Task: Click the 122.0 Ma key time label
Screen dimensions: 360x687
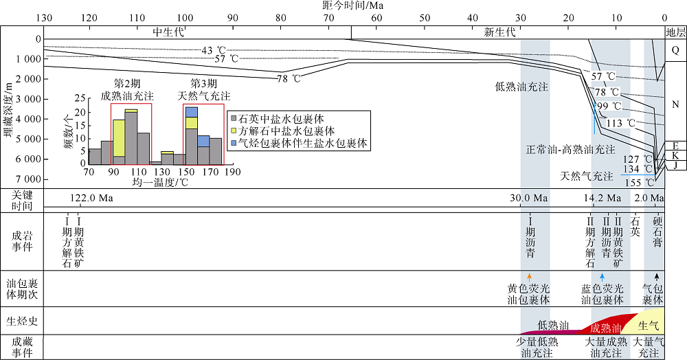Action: pyautogui.click(x=91, y=199)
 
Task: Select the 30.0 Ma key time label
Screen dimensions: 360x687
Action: pyautogui.click(x=528, y=199)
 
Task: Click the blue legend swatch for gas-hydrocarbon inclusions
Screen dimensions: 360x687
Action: pyautogui.click(x=232, y=144)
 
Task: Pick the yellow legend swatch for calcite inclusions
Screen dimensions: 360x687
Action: pyautogui.click(x=232, y=131)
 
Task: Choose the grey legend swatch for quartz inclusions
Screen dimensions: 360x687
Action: pyautogui.click(x=232, y=118)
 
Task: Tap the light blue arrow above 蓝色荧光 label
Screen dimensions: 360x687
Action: pyautogui.click(x=602, y=278)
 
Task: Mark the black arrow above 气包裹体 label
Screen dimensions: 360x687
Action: pyautogui.click(x=655, y=278)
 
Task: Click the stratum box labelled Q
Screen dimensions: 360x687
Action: pyautogui.click(x=675, y=50)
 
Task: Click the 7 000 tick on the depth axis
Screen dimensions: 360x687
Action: pyautogui.click(x=25, y=179)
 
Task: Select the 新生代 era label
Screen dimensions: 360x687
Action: pyautogui.click(x=499, y=32)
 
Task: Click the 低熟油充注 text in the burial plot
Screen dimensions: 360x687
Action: pyautogui.click(x=521, y=87)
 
